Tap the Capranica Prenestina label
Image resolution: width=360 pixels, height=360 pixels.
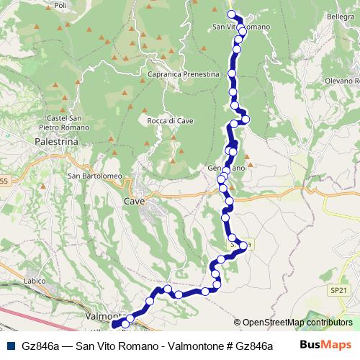click(x=182, y=74)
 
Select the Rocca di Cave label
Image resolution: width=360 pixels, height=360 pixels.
click(x=167, y=121)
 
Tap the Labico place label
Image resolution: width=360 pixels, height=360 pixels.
click(x=35, y=280)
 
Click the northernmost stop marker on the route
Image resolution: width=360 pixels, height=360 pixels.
click(x=232, y=14)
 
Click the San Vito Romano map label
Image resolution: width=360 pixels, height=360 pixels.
click(x=241, y=27)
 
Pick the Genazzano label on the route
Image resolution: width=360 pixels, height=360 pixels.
click(x=227, y=168)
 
